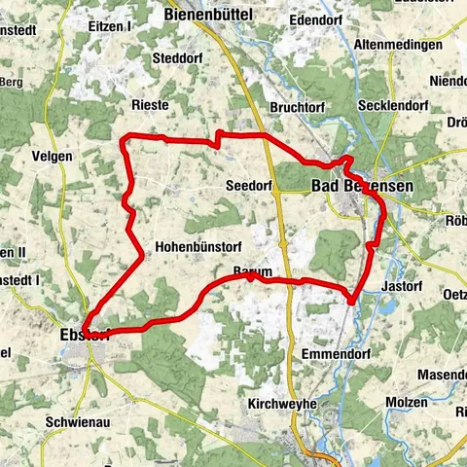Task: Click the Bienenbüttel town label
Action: tap(208, 15)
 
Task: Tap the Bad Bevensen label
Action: tap(362, 185)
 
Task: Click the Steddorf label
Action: tap(176, 57)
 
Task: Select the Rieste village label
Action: tap(150, 104)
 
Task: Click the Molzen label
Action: tap(406, 402)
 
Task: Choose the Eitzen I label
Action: tap(109, 26)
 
